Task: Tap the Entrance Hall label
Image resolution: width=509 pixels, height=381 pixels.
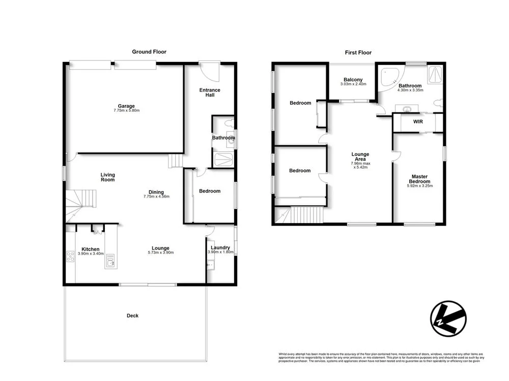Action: (209, 92)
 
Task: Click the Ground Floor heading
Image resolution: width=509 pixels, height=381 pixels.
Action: (149, 52)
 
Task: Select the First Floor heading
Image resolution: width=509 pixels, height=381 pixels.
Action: (358, 52)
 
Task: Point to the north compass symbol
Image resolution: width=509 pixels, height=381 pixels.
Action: (447, 319)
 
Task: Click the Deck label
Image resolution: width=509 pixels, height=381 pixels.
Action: (132, 315)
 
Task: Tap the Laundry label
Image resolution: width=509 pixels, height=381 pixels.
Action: (220, 247)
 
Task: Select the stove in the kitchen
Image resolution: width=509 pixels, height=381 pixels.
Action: (70, 257)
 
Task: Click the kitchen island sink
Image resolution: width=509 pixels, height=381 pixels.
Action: (109, 261)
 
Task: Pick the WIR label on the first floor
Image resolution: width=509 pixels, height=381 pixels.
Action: (418, 122)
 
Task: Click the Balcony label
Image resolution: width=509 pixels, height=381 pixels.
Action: (353, 80)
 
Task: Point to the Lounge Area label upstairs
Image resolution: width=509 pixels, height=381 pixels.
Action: (360, 157)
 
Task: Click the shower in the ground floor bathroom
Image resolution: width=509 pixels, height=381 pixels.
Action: (223, 160)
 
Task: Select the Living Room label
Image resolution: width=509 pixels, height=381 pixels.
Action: (107, 177)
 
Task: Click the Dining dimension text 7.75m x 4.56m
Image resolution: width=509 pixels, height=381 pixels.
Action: (156, 197)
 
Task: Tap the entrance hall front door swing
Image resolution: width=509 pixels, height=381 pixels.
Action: (210, 71)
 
